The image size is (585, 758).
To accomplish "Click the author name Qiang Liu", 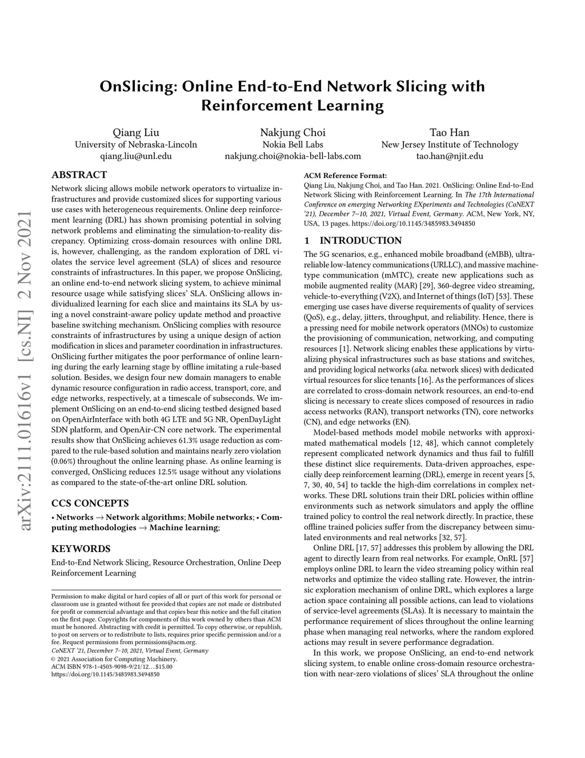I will pos(136,133).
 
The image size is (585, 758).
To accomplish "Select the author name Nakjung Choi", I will pos(292,133).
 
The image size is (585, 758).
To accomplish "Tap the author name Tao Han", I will pos(450,133).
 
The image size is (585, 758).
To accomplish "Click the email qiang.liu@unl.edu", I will pos(136,156).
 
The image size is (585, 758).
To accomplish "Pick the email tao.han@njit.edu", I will pos(450,156).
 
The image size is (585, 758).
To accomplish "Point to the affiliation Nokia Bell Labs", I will pos(292,144).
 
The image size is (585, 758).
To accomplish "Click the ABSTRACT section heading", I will pos(79,174).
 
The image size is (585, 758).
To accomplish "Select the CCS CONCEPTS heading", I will pos(90,503).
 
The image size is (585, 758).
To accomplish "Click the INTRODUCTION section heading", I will pos(360,240).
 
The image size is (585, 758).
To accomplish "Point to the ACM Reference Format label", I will pos(345,176).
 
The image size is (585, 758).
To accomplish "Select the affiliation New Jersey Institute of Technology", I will pos(450,144).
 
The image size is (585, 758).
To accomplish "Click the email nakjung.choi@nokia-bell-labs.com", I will pos(292,156).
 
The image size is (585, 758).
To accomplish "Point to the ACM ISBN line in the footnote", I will pos(112,666).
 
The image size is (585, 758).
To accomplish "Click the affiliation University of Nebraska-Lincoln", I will pos(136,144).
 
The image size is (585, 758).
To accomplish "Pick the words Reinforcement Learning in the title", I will pos(292,106).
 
